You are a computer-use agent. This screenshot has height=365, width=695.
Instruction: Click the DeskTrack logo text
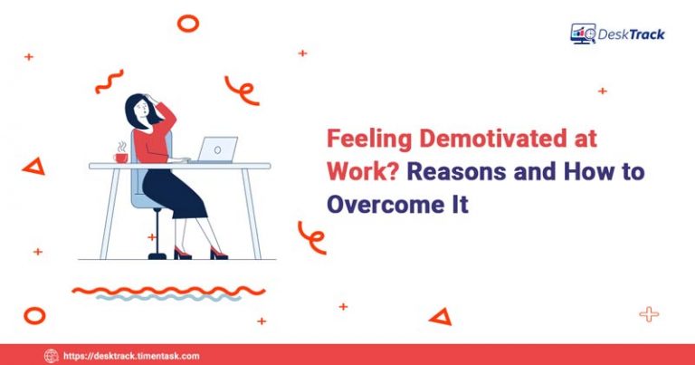tap(631, 34)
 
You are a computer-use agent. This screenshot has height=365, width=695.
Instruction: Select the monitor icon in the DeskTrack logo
tap(582, 34)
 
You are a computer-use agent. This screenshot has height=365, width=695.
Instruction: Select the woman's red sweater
tap(151, 140)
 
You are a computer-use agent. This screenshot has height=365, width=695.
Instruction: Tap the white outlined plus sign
tap(648, 314)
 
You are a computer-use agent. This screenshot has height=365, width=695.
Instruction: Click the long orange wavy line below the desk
tap(168, 291)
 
